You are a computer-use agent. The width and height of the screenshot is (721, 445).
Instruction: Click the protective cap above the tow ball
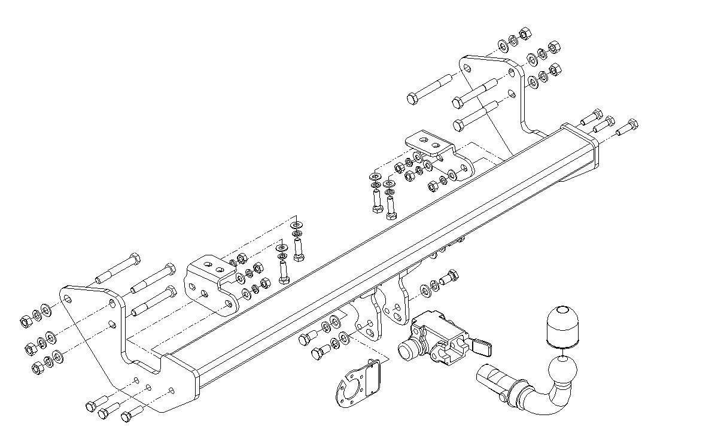(x=561, y=327)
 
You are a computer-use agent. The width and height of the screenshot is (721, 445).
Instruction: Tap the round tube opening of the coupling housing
(x=408, y=350)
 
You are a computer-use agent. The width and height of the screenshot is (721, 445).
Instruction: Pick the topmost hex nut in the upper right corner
(x=525, y=33)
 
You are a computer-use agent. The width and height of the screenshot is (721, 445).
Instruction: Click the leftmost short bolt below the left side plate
(x=92, y=406)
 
